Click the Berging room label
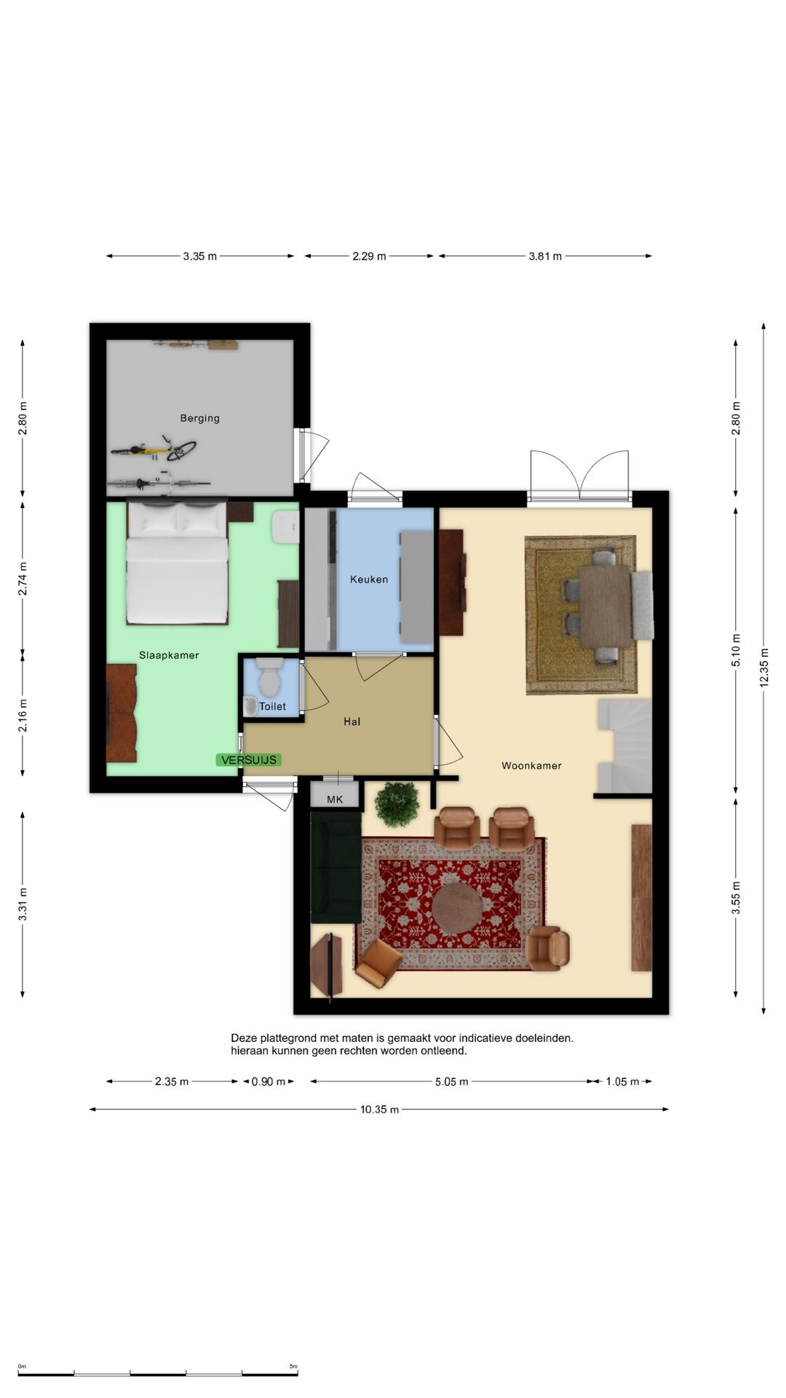[199, 418]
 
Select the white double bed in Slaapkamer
[177, 561]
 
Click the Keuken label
[369, 580]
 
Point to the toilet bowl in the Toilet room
[270, 676]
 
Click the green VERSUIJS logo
[249, 759]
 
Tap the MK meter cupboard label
[335, 799]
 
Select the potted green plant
[397, 805]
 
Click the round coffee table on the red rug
[456, 909]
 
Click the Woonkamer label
[531, 765]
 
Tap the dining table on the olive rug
[606, 607]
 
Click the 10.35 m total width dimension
[379, 1110]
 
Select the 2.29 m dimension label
[369, 256]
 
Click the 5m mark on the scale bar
[293, 1367]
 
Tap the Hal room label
[352, 722]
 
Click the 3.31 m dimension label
[23, 904]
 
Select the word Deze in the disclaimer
[244, 1038]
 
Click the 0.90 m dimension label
[269, 1082]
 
